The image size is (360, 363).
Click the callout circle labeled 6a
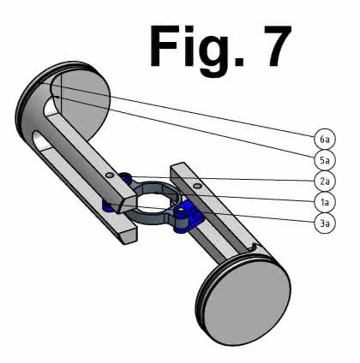(324, 139)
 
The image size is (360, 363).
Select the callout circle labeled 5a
(324, 160)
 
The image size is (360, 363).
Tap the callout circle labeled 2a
(324, 181)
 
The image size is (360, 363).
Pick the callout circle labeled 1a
(324, 202)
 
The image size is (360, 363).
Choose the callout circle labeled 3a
(324, 223)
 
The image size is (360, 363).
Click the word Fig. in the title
(197, 49)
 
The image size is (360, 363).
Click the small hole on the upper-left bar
(109, 175)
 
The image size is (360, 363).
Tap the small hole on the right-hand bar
(197, 187)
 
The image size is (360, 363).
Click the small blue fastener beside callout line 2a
(125, 178)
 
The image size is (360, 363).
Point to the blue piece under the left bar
(108, 206)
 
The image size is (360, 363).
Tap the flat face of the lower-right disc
(247, 301)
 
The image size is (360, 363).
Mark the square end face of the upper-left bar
(127, 204)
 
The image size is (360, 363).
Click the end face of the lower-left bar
(129, 236)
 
